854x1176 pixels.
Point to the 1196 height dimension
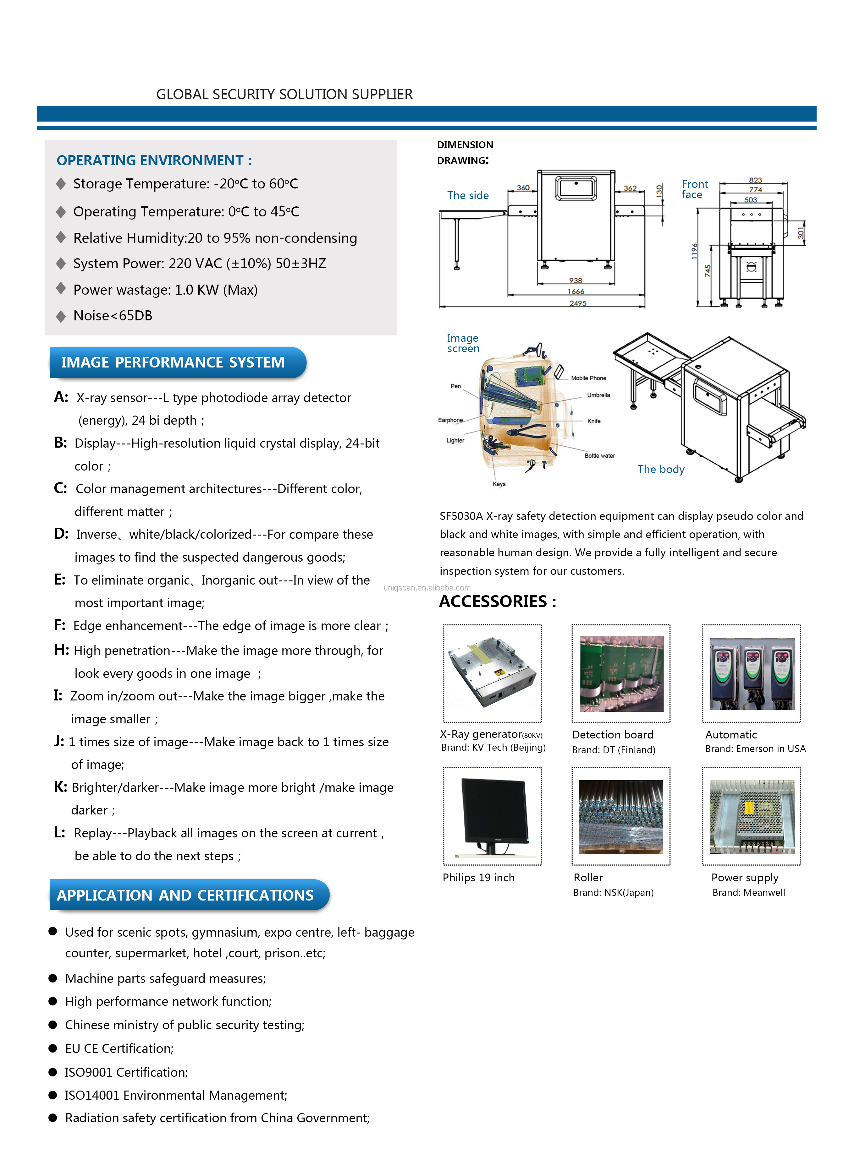[x=694, y=251]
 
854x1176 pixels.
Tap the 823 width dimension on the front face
[x=755, y=180]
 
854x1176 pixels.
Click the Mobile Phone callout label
[x=588, y=378]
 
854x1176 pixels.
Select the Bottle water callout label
[x=599, y=456]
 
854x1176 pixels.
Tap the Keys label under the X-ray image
[x=499, y=484]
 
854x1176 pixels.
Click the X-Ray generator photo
[x=492, y=673]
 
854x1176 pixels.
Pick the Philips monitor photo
[x=492, y=816]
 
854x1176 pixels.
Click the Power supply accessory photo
[x=751, y=816]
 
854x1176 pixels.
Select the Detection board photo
[x=621, y=673]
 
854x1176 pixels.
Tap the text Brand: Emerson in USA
[x=755, y=749]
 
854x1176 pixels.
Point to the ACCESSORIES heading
[x=497, y=602]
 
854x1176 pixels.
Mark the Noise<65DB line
[x=113, y=316]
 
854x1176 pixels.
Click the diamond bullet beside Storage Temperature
[x=61, y=183]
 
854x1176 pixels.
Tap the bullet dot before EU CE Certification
[x=52, y=1048]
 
